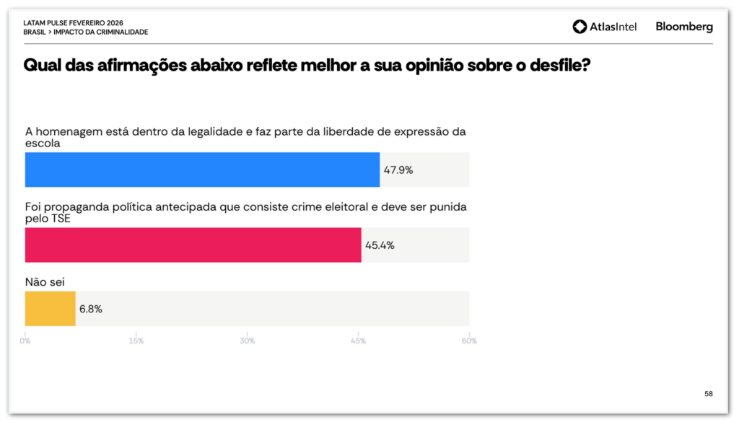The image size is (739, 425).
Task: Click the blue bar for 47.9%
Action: pos(202,170)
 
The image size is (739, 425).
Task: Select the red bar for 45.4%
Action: pos(193,245)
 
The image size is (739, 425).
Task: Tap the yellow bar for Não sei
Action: pos(50,308)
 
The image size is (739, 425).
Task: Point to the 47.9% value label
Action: pos(398,170)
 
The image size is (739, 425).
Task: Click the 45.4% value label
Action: pos(380,245)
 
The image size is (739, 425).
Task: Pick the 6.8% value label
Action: pos(91,309)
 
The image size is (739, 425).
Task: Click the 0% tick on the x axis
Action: pos(25,341)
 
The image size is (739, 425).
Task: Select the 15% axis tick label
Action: pos(136,341)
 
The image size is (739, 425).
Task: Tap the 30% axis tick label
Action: pos(247,341)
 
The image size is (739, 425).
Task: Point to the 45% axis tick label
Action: pos(358,341)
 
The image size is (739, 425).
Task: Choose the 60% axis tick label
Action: pos(469,341)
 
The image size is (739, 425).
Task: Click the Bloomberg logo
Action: pos(684,27)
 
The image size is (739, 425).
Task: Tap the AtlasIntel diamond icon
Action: pos(580,27)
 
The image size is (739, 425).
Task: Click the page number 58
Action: pos(708,394)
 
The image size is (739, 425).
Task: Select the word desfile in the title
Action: pos(552,65)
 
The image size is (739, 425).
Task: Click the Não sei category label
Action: pos(40,283)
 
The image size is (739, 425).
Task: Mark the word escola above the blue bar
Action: pos(43,143)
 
